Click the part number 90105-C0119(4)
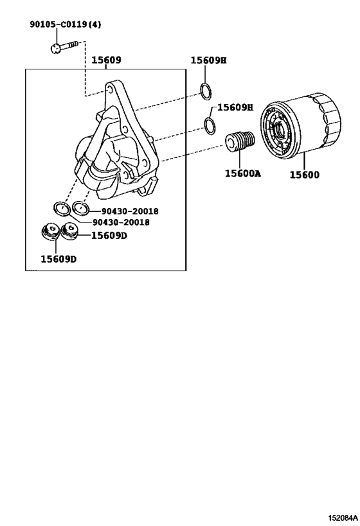(65, 24)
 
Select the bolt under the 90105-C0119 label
(64, 47)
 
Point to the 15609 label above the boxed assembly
(106, 60)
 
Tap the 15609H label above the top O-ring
(208, 60)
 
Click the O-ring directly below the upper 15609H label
(206, 91)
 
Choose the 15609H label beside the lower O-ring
(235, 107)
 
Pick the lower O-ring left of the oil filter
(210, 126)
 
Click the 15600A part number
(242, 173)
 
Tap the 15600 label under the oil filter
(305, 175)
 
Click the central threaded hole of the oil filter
(280, 130)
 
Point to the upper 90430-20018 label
(130, 211)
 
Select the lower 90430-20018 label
(121, 222)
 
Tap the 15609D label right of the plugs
(109, 236)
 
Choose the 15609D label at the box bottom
(59, 259)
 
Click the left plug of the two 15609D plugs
(50, 231)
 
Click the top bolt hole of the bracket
(109, 90)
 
